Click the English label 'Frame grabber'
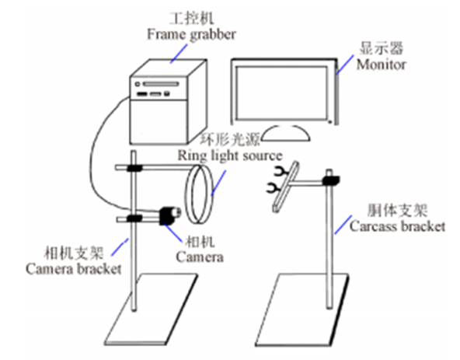[x=191, y=35]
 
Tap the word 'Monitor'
[x=381, y=65]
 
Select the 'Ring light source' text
[x=230, y=156]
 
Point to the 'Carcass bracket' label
[x=397, y=226]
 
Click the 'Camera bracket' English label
[x=73, y=269]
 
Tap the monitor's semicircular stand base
[x=286, y=133]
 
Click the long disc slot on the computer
[x=161, y=84]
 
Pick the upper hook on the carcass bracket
[x=280, y=171]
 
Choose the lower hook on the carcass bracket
[x=274, y=188]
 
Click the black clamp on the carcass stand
[x=331, y=180]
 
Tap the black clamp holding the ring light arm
[x=134, y=168]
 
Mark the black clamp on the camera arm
[x=134, y=218]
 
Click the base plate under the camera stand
[x=151, y=309]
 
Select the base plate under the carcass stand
[x=302, y=309]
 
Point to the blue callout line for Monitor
[x=345, y=65]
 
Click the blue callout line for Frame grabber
[x=179, y=54]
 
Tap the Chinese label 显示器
[x=382, y=48]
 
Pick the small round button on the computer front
[x=138, y=84]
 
